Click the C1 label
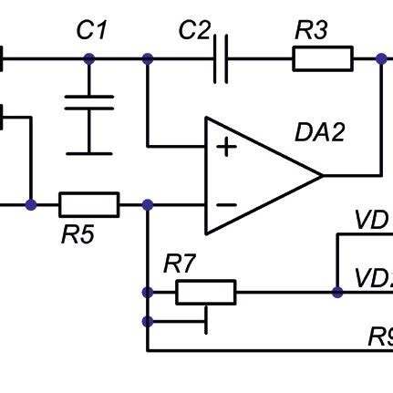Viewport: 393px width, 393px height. click(x=91, y=31)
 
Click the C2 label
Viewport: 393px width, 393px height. click(x=193, y=31)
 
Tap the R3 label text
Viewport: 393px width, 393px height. click(x=311, y=31)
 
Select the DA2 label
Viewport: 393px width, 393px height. click(x=320, y=132)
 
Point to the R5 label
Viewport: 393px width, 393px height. click(x=78, y=235)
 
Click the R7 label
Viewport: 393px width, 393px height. click(x=180, y=265)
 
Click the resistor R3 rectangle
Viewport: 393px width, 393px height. click(x=322, y=59)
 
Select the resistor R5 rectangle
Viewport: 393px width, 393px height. click(x=88, y=204)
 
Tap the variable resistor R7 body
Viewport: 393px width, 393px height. click(x=206, y=292)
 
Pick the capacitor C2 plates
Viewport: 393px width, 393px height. click(x=220, y=59)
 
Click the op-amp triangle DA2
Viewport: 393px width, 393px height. click(x=255, y=174)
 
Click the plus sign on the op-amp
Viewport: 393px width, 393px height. click(x=224, y=146)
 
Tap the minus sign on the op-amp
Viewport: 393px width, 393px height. click(x=224, y=204)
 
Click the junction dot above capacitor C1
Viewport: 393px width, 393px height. click(x=89, y=59)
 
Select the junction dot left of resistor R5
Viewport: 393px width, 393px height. click(x=31, y=204)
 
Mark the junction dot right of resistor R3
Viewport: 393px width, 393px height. click(x=381, y=59)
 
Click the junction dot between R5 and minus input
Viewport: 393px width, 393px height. click(x=148, y=204)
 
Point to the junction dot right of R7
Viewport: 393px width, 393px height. click(x=337, y=292)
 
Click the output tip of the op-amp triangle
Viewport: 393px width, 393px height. click(x=323, y=174)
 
